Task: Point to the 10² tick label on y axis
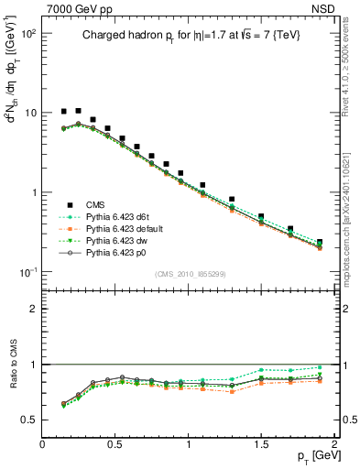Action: (28, 33)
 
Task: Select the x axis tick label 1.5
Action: (262, 444)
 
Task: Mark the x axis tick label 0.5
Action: (115, 444)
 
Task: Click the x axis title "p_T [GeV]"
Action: (312, 457)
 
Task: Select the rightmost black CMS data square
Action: (320, 243)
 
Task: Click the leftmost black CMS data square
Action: (64, 111)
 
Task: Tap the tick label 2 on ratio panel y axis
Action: (34, 309)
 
